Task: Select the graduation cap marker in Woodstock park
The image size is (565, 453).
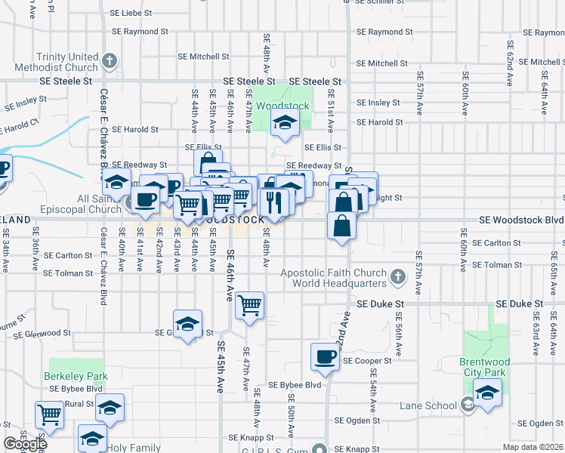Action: tap(285, 123)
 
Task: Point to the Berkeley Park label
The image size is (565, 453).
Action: tap(76, 376)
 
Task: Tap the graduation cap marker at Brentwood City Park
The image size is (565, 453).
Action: tap(488, 393)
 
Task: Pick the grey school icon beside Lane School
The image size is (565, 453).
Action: tap(468, 406)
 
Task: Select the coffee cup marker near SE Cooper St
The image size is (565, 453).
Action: tap(326, 357)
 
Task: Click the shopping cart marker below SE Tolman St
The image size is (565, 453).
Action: tap(249, 306)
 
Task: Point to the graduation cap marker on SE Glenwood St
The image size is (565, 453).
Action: tap(187, 325)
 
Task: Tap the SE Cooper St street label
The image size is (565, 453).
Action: tap(367, 361)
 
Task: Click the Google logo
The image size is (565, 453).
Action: tap(25, 444)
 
